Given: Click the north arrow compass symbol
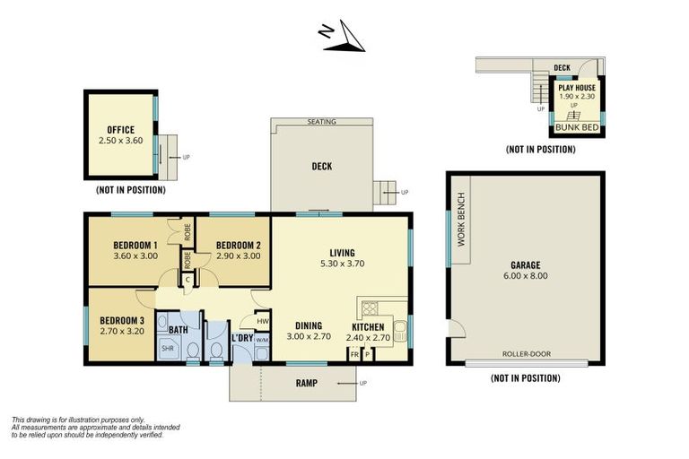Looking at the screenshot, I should (341, 36).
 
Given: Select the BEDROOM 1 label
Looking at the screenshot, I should (135, 246).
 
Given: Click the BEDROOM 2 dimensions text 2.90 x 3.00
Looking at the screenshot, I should (239, 256).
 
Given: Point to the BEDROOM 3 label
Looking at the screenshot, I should (122, 321).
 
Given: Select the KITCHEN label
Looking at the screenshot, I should (369, 327).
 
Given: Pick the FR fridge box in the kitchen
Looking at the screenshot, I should (354, 354).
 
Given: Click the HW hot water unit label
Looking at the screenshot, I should (262, 321).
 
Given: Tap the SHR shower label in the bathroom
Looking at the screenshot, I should (168, 349).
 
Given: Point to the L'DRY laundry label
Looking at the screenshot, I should (241, 338).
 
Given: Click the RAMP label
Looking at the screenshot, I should (309, 383).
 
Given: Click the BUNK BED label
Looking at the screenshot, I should (577, 127).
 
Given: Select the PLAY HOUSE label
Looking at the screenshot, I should (577, 88).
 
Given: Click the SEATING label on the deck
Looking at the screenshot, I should (321, 121).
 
